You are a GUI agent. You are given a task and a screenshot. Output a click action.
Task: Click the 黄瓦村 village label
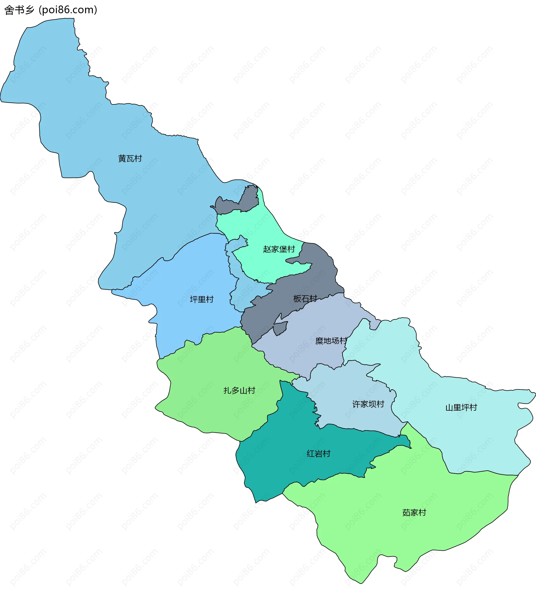point(130,158)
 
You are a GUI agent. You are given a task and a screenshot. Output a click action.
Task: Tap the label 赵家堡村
point(279,249)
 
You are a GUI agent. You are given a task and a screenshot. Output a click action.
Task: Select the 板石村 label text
point(305,299)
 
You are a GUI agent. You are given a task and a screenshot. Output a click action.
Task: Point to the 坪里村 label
point(202,299)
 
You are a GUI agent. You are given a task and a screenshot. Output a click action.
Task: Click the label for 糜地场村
point(331,341)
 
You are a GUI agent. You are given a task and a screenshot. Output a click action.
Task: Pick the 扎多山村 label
point(239,391)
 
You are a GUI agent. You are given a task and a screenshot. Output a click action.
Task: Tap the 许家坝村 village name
point(368,404)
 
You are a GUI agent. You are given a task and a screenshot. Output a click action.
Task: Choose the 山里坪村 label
point(461,408)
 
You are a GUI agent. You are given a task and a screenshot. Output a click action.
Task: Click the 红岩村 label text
point(318,453)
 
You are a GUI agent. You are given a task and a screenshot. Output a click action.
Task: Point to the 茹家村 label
point(414,513)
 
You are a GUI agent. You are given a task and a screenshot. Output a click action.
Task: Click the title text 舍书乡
point(20,10)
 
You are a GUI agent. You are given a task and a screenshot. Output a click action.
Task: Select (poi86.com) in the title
point(68,10)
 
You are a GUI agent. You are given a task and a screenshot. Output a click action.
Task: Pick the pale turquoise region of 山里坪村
point(477,436)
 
